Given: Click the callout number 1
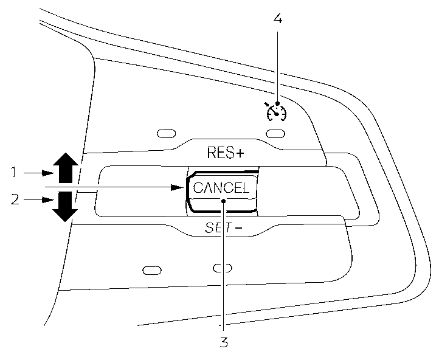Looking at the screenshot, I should coord(13,173).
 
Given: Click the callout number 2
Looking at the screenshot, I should coord(13,199).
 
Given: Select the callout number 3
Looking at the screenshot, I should coord(224,342).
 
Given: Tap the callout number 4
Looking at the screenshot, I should coord(277,18).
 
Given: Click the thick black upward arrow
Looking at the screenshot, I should coord(65,167).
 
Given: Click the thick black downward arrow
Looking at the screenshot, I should coord(65,206).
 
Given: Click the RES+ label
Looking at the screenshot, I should coord(225,153).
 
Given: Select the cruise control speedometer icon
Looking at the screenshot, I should coord(275,111).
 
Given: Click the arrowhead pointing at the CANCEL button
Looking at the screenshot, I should coord(178,187).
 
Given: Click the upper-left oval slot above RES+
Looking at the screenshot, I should coord(165,133).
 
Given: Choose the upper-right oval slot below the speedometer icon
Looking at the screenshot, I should coord(276,133).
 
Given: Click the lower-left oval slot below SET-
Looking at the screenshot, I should coord(152,269).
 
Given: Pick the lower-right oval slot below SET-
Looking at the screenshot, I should coord(223,268).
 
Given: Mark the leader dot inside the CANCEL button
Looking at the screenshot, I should coord(224,201).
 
